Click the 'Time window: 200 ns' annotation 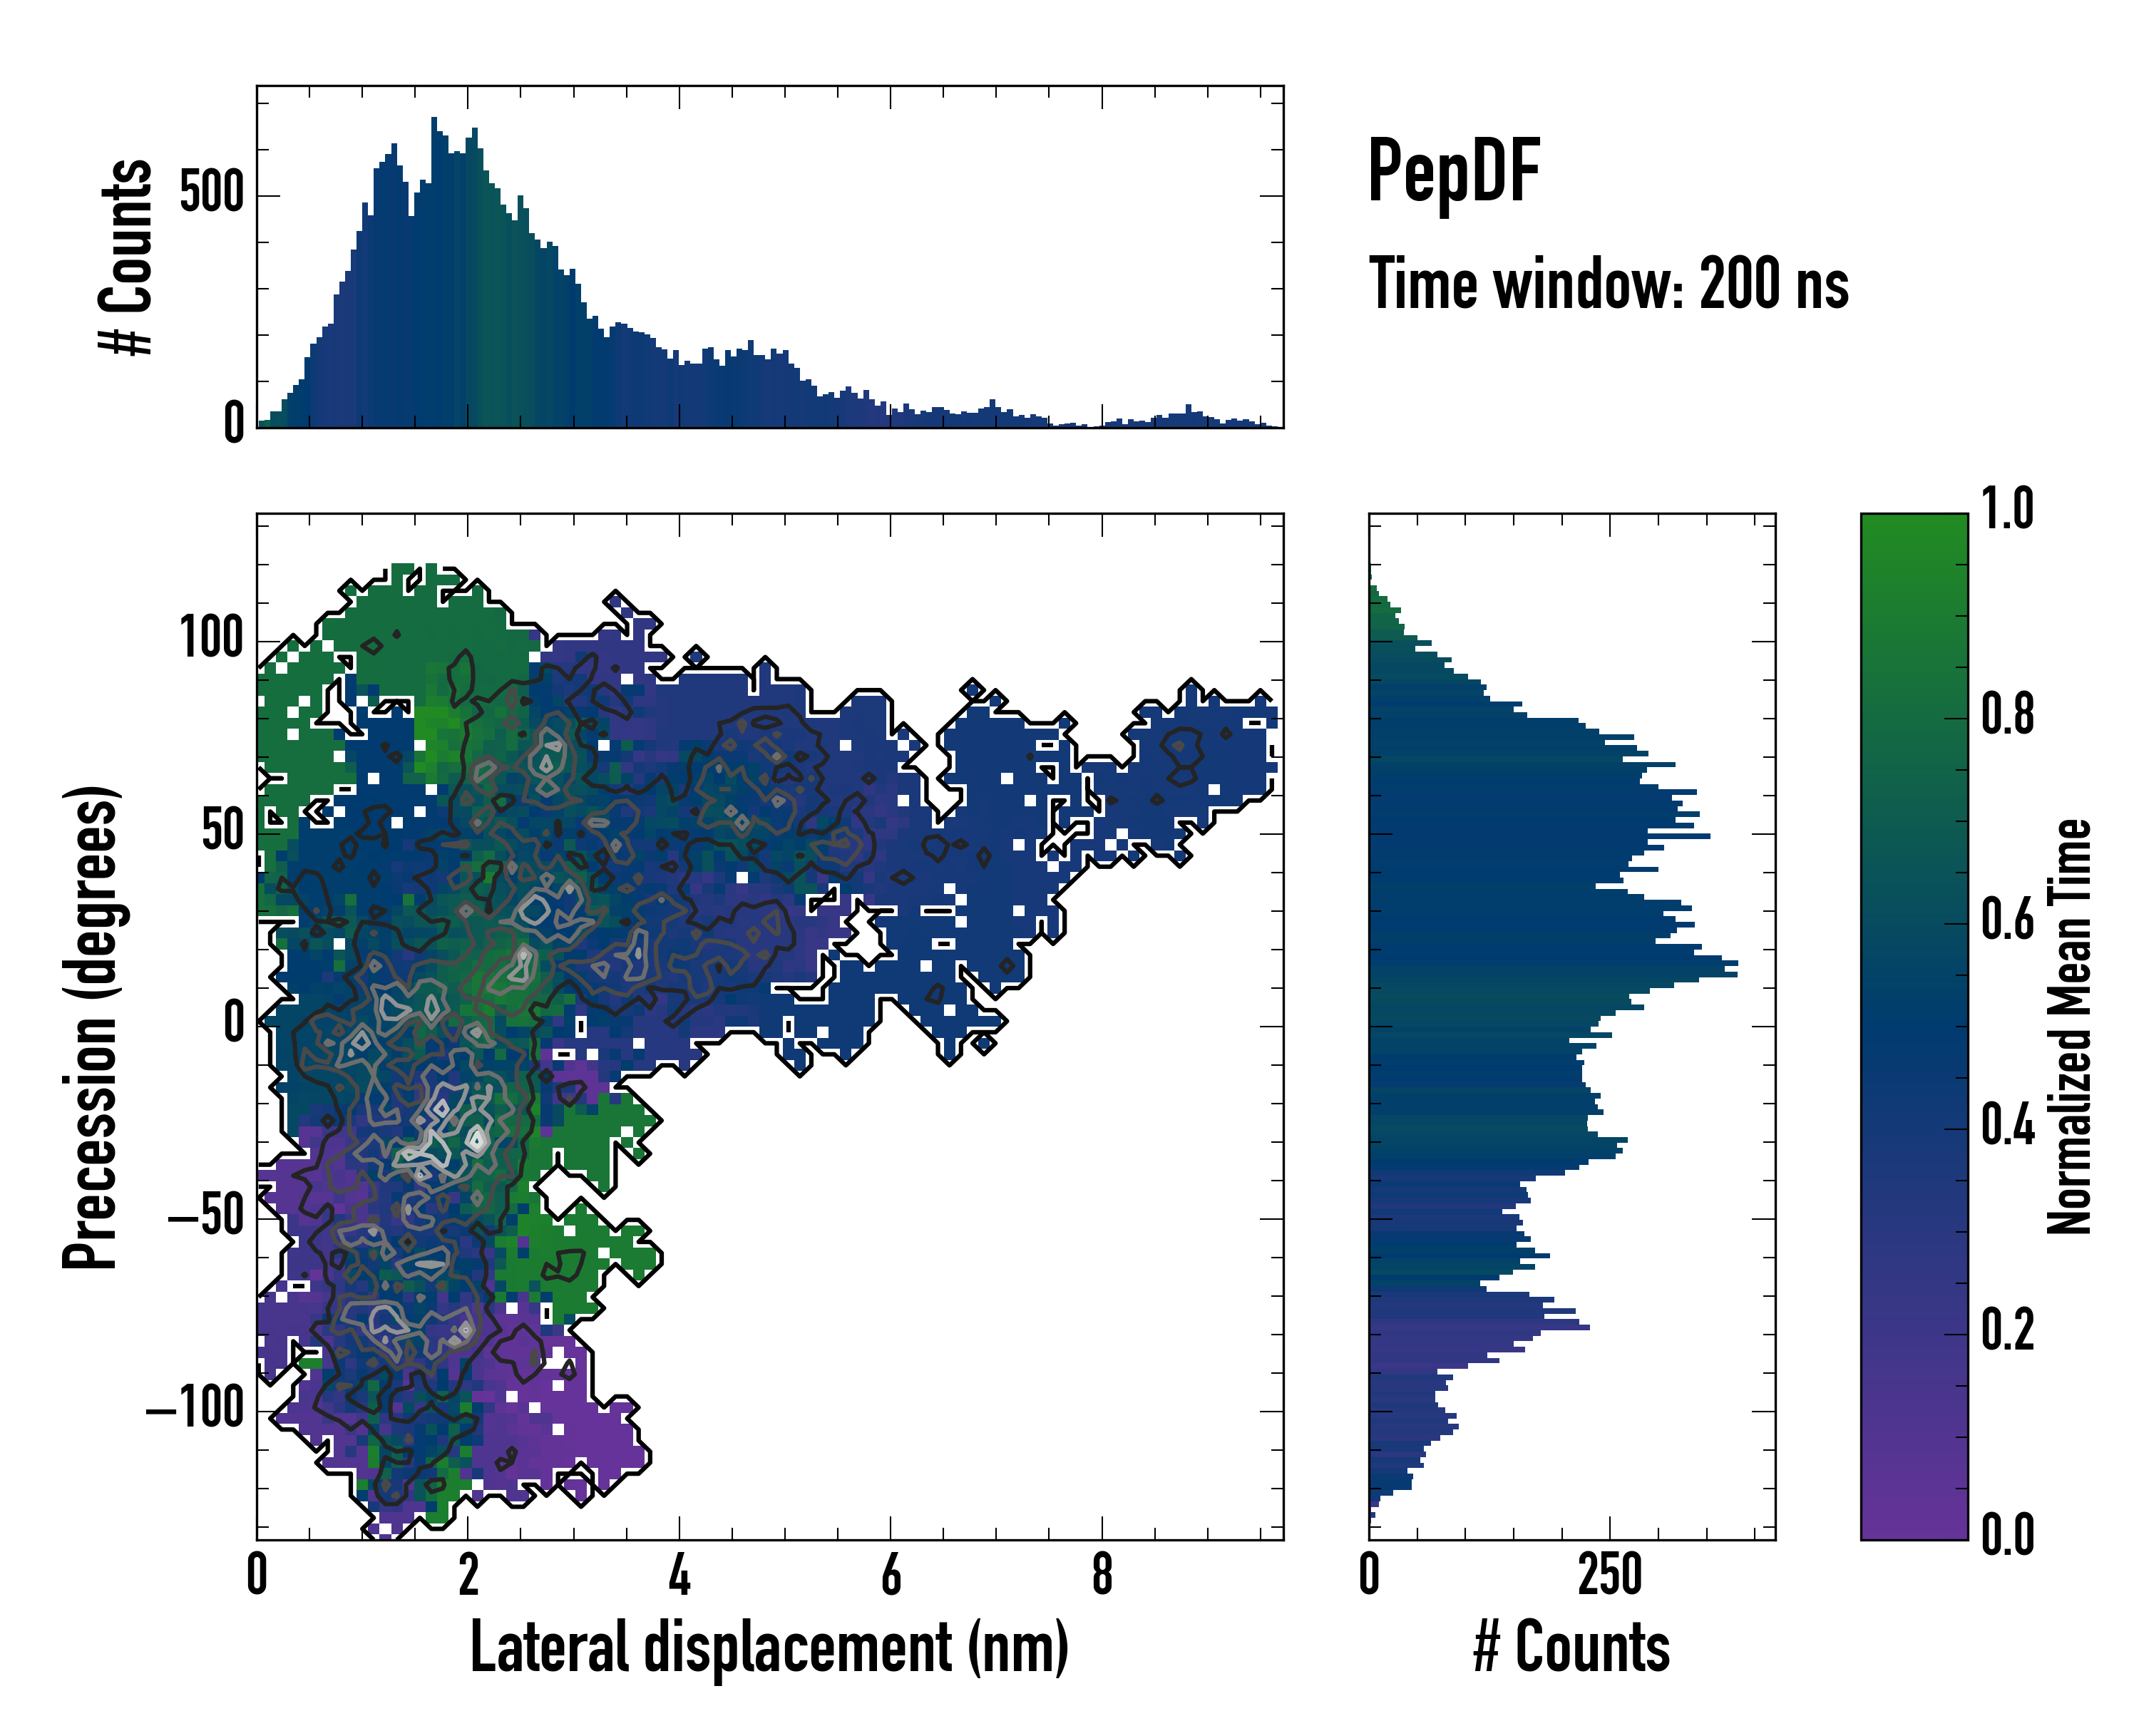pyautogui.click(x=1609, y=284)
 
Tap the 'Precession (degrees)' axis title pyautogui.click(x=91, y=1027)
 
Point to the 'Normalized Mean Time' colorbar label pyautogui.click(x=2070, y=1027)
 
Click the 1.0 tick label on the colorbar pyautogui.click(x=2007, y=510)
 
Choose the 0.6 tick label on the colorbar pyautogui.click(x=2007, y=920)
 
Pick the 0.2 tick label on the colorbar pyautogui.click(x=2007, y=1330)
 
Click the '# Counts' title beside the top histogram pyautogui.click(x=127, y=257)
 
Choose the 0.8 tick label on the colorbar pyautogui.click(x=2007, y=715)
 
